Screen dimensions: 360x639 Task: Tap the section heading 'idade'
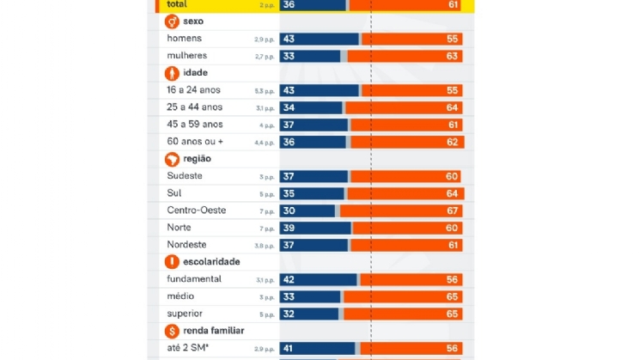point(195,73)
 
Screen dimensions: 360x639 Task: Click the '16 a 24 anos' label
point(194,90)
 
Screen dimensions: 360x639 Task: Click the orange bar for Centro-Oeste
point(401,211)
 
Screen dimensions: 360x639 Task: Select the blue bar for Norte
point(316,228)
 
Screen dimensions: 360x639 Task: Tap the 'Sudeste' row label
point(185,176)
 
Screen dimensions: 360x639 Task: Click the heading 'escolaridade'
point(210,261)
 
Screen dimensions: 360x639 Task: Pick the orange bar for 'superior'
point(404,314)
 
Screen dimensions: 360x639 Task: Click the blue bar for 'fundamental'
point(319,279)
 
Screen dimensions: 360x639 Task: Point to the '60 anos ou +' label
point(196,142)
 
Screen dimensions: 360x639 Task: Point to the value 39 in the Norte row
point(289,228)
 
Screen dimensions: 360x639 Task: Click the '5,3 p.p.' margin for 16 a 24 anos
point(265,90)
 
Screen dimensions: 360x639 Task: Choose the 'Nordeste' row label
point(186,245)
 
